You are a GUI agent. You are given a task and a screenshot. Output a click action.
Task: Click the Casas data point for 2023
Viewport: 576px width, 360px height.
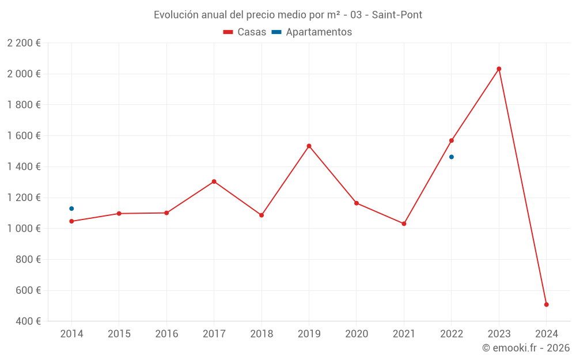[499, 69]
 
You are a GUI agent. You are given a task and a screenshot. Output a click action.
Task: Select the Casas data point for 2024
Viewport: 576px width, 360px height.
[546, 305]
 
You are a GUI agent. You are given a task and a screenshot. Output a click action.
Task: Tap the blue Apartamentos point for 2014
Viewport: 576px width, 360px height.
[71, 209]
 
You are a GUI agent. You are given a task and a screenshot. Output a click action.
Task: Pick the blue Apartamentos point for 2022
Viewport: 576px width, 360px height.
[452, 157]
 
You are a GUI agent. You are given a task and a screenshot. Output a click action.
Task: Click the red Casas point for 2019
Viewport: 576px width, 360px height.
[309, 146]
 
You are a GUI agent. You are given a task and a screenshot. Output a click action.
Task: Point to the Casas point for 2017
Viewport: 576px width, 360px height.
[214, 181]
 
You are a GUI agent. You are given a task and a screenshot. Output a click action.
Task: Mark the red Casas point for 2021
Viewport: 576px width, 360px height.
[404, 223]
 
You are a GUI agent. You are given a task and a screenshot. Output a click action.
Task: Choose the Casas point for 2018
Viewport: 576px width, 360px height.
[262, 215]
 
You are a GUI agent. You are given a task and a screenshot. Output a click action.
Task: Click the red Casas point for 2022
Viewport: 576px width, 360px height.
[452, 141]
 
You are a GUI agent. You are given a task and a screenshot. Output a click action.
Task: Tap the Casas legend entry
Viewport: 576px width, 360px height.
[245, 32]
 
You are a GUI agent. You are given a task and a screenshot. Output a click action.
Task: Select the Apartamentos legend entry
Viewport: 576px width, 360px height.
[312, 32]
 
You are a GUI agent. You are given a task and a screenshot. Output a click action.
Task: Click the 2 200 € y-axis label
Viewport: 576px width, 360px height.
[24, 43]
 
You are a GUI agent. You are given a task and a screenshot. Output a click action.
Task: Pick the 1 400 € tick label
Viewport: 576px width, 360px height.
[24, 167]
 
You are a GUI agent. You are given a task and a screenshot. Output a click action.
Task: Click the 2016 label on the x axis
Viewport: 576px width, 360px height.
[166, 334]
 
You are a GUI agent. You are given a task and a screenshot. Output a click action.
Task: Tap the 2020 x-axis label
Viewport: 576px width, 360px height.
[356, 334]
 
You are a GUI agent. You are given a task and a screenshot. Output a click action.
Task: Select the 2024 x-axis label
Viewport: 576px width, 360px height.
[546, 334]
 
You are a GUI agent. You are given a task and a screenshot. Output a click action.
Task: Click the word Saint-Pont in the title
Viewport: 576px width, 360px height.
[397, 15]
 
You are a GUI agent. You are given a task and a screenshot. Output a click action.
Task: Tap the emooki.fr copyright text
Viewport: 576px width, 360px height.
[526, 348]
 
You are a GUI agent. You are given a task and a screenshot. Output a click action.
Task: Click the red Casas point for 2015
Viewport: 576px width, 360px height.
[119, 214]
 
